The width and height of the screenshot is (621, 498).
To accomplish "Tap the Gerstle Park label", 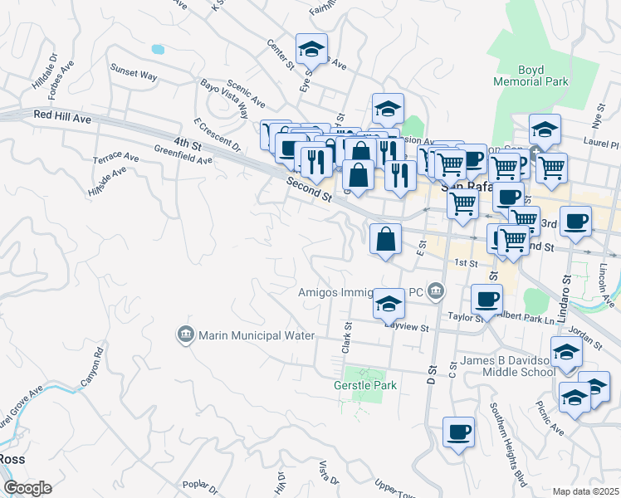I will [365, 385].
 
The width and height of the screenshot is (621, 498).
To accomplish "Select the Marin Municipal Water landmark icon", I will [185, 335].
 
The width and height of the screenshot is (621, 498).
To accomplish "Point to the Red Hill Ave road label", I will [62, 118].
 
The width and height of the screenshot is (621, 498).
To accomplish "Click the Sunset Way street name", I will [134, 75].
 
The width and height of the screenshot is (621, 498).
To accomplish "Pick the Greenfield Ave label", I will [183, 154].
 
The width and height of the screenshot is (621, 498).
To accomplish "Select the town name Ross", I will [12, 459].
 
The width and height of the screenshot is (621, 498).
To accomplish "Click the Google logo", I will [27, 488].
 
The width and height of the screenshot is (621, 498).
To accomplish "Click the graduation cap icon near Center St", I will [311, 49].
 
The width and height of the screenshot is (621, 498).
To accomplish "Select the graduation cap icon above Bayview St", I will [388, 304].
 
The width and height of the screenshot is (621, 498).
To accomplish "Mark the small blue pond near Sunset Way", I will [158, 49].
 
